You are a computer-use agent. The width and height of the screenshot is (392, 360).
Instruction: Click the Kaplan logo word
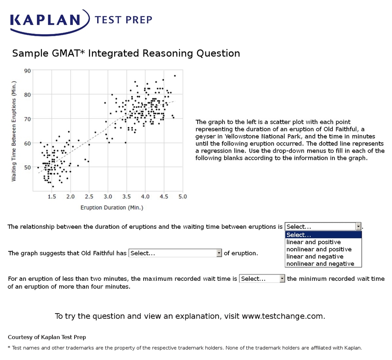pos(45,20)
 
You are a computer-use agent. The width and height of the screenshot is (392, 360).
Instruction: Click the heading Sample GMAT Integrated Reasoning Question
pos(126,53)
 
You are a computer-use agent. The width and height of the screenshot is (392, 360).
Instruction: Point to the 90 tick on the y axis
pos(28,70)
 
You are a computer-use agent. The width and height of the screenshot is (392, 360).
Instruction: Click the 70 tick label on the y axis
pos(28,118)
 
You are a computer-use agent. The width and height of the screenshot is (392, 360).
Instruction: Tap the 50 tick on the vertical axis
pos(28,167)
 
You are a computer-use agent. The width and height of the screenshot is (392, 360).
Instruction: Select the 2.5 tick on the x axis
pos(89,196)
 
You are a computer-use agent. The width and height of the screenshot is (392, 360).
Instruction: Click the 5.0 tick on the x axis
pos(182,196)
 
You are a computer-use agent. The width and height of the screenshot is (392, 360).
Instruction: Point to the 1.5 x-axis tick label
pos(52,196)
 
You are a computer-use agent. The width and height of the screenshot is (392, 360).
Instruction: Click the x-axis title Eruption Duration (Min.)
pos(112,207)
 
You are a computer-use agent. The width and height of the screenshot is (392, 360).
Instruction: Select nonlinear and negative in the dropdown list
pos(320,264)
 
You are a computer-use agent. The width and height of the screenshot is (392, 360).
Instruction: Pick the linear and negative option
pos(315,256)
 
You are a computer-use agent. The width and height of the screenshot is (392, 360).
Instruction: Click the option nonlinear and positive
pos(319,249)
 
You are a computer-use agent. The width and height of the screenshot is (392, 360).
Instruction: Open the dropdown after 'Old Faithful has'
pos(176,253)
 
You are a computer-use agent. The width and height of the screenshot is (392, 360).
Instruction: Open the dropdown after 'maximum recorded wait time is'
pos(262,279)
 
